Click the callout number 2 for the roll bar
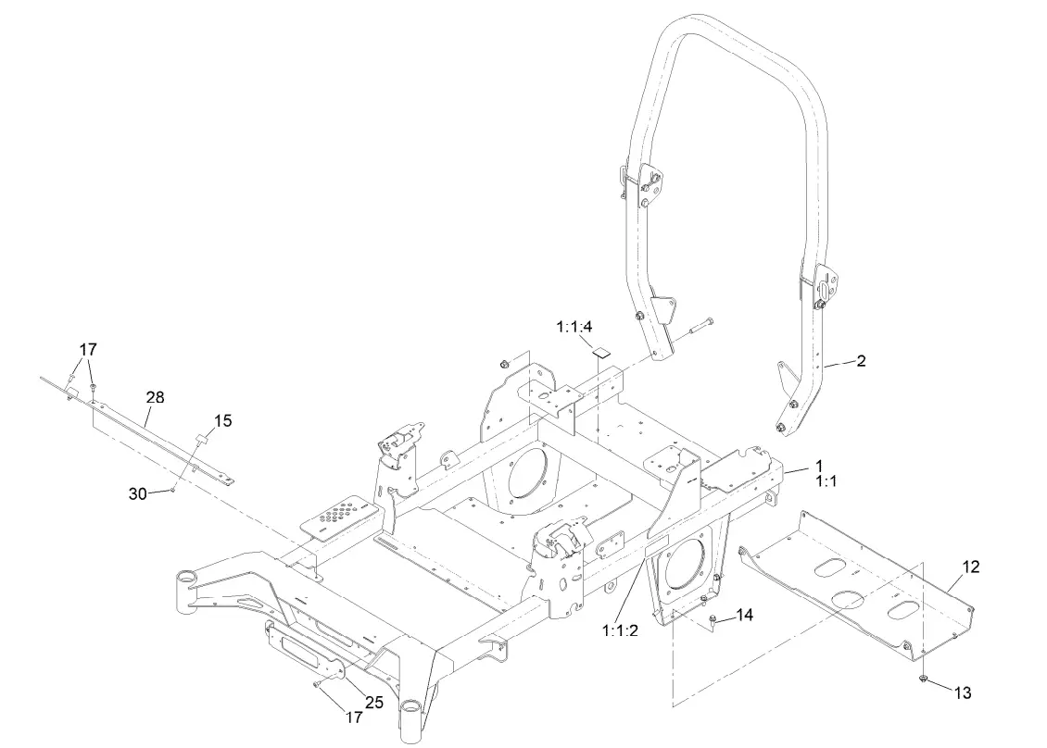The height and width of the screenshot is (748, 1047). coord(861,361)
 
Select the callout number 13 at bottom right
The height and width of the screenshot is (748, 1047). coord(964,692)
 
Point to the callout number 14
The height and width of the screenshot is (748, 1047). coord(745,614)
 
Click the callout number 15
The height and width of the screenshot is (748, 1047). coord(222,420)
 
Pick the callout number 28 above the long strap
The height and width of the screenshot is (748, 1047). coord(155,397)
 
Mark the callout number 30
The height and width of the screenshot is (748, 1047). coord(138,493)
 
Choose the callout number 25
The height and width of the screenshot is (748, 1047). coord(373,702)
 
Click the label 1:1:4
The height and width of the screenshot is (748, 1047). coord(574,327)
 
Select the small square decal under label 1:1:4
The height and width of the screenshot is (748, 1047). coord(602,352)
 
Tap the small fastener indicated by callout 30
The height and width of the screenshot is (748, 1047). coord(173,490)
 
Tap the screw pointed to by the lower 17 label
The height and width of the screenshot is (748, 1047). coord(319,684)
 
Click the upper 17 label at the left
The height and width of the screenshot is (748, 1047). coord(88,350)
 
